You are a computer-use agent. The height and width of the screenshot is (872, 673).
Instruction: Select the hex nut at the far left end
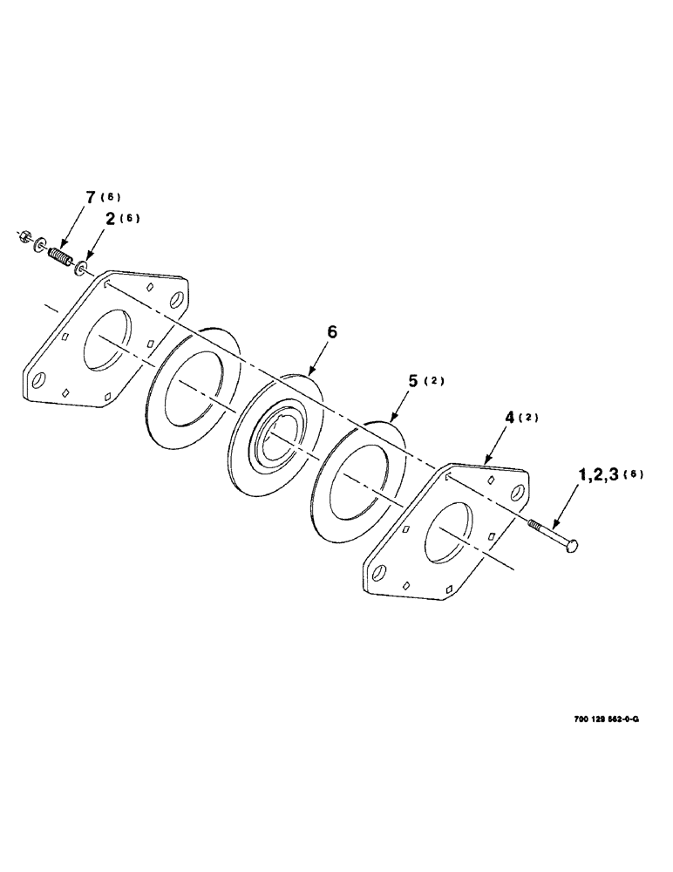[27, 235]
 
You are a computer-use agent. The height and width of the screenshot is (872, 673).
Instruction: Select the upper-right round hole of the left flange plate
[180, 299]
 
